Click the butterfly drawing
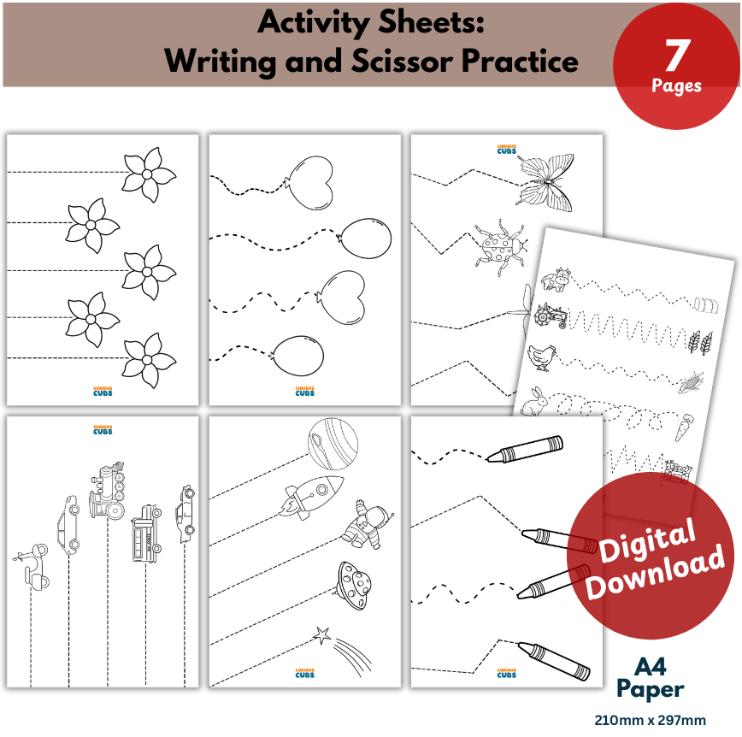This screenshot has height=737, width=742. pyautogui.click(x=545, y=182)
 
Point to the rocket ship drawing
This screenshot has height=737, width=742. pyautogui.click(x=311, y=497)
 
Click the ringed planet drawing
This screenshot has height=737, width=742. pyautogui.click(x=333, y=444)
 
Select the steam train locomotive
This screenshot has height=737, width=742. pyautogui.click(x=108, y=491)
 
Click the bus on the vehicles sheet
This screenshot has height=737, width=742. pyautogui.click(x=146, y=534)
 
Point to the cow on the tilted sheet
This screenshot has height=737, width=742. pyautogui.click(x=556, y=280)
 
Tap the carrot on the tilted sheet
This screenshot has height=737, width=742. pyautogui.click(x=684, y=427)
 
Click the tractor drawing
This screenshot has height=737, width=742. pyautogui.click(x=551, y=315)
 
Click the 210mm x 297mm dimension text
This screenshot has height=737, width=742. pyautogui.click(x=651, y=721)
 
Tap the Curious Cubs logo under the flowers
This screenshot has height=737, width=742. pyautogui.click(x=103, y=391)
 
